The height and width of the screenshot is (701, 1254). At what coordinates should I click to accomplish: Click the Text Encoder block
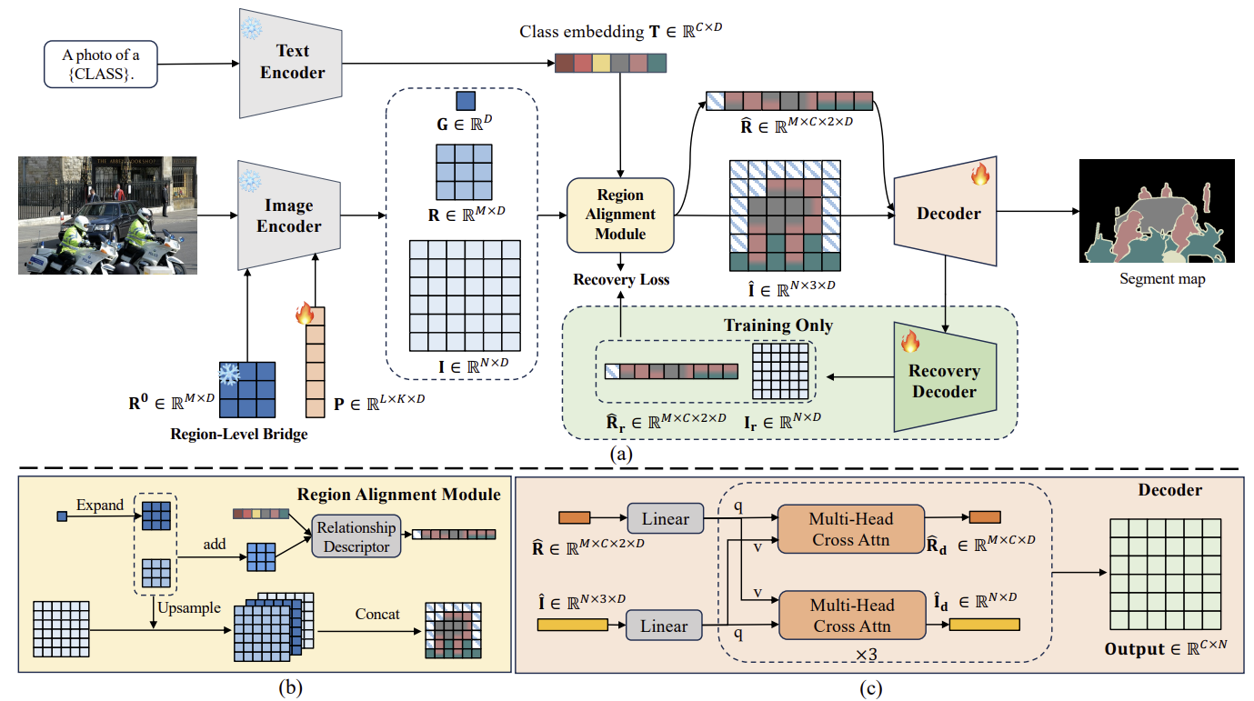291,63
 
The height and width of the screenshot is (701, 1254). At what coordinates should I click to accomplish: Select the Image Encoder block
289,215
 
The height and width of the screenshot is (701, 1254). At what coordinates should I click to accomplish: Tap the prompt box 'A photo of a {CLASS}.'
101,65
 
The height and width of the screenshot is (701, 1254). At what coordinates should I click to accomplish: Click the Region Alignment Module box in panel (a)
620,215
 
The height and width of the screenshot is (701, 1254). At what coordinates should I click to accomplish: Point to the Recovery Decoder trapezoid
945,377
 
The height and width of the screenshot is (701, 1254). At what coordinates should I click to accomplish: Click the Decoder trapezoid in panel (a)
945,212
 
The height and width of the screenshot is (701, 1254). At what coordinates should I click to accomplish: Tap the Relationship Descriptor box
356,536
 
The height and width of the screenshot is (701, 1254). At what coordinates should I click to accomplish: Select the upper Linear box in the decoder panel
665,518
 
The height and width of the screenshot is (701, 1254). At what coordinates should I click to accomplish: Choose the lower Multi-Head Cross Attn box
852,615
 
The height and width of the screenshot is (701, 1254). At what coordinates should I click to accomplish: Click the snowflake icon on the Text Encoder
251,28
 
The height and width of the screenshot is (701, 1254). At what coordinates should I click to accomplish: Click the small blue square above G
466,101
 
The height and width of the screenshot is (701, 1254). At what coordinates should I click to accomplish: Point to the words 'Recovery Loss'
621,279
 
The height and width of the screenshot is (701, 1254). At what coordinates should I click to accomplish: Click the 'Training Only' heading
778,325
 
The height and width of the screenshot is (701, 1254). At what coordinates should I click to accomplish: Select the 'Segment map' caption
1162,279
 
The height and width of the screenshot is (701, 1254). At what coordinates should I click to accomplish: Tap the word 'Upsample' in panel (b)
188,608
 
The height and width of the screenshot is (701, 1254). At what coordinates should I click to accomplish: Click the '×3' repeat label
866,654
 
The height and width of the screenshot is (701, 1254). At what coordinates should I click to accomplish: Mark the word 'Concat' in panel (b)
377,615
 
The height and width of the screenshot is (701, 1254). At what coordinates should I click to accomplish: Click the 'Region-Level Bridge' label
239,434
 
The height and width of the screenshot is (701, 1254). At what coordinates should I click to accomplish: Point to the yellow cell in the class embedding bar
601,64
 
